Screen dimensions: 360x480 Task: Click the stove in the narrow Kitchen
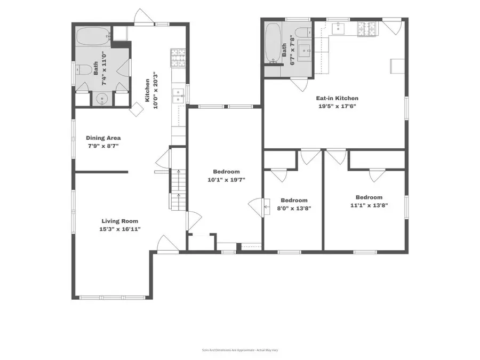[177, 58]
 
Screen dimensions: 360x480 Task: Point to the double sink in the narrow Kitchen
[178, 96]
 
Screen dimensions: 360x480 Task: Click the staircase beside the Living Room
[177, 189]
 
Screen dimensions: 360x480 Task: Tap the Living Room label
[120, 221]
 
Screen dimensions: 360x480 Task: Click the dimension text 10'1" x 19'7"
[226, 179]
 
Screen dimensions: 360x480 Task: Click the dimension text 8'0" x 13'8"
[294, 208]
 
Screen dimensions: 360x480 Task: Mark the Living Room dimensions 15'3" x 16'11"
[120, 229]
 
